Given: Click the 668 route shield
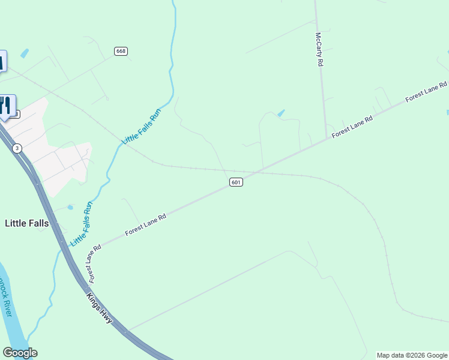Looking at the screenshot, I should tap(121, 51).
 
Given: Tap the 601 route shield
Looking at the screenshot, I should tap(236, 182).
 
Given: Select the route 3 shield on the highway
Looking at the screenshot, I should tap(17, 148).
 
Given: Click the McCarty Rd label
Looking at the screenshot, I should tap(320, 49).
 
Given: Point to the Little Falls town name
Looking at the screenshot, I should tap(26, 223).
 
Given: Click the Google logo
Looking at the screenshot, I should tap(20, 353).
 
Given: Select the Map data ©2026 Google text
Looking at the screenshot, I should tap(412, 355).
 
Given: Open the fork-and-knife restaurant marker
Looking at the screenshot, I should tap(6, 106).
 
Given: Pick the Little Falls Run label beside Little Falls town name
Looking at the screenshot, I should tap(82, 224).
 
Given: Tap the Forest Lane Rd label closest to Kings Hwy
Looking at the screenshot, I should tap(92, 264).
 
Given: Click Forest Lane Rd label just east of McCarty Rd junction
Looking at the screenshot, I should tap(352, 127).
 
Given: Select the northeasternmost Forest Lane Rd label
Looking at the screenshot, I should tap(426, 92).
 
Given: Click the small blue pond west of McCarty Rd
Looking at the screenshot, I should tap(281, 113).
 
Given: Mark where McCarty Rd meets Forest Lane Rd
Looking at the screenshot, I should tap(327, 139).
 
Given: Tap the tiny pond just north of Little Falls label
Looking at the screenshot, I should tap(70, 208).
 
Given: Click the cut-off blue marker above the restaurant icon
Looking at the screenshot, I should tap(2, 61).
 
